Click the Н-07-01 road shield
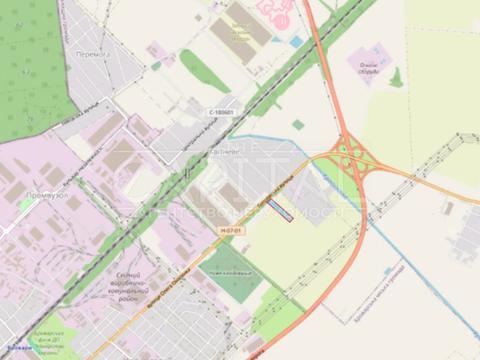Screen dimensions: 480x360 (x=230, y=231)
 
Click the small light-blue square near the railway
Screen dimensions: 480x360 (x=297, y=41)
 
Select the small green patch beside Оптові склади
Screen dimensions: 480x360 (x=396, y=76)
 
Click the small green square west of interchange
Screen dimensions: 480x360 (x=298, y=125)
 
